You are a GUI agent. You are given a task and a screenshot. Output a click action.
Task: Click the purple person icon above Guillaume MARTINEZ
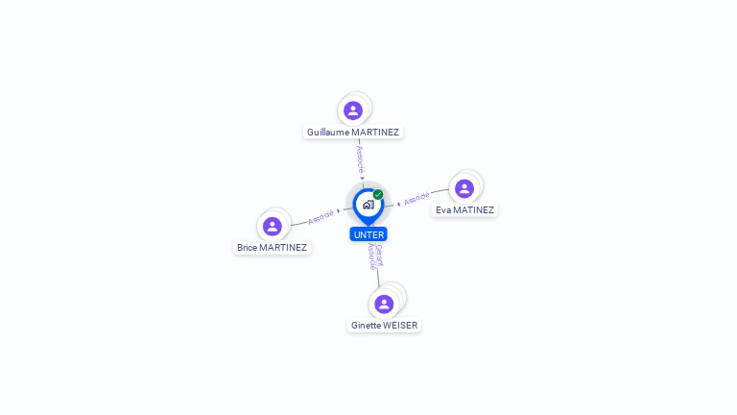tap(353, 110)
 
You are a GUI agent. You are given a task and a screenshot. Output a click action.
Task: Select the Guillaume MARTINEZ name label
tap(353, 132)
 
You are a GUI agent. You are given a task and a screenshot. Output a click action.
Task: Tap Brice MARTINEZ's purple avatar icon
tap(273, 226)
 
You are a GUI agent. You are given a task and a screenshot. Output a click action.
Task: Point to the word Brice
tap(247, 248)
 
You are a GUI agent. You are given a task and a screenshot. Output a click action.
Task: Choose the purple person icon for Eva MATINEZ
tap(464, 188)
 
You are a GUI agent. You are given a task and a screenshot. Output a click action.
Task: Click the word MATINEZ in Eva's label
tap(473, 209)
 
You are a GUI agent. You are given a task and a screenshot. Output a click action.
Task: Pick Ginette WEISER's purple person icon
tap(384, 304)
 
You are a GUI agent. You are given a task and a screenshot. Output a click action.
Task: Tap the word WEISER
tap(400, 326)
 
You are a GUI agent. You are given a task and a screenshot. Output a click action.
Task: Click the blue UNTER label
tap(368, 234)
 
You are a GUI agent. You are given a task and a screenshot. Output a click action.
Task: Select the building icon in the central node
tap(368, 205)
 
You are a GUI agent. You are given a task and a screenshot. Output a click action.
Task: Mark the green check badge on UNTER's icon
tap(378, 194)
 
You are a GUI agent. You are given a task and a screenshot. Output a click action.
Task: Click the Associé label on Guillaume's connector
tap(360, 158)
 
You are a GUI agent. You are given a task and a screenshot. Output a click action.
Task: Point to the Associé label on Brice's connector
tap(321, 216)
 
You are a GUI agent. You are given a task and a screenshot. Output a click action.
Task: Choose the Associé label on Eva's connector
tap(416, 199)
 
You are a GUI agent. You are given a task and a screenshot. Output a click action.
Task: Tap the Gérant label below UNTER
tap(379, 255)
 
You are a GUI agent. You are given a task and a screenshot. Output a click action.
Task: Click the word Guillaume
tap(328, 132)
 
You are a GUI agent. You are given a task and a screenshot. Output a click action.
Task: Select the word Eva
tap(443, 209)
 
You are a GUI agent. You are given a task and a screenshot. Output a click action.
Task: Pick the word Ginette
tap(366, 326)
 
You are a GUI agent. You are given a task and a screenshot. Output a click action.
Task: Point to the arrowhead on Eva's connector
tap(399, 203)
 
